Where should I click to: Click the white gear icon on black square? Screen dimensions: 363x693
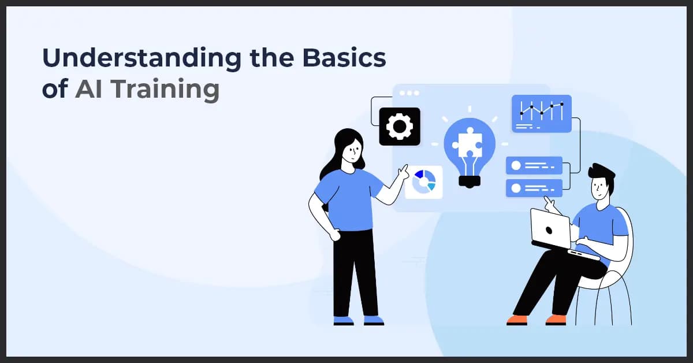click(x=399, y=126)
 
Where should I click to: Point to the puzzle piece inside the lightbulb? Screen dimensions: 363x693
click(x=468, y=144)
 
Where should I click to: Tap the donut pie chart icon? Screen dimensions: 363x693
click(x=424, y=181)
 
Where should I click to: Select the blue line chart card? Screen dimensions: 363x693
click(x=541, y=113)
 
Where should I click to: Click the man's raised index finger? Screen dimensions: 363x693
click(x=546, y=201)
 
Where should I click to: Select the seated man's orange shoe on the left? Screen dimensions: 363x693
click(x=517, y=319)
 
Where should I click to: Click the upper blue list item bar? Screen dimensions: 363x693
click(x=534, y=165)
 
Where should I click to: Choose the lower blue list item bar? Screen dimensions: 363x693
click(x=534, y=188)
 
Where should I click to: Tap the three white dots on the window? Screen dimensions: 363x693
click(x=409, y=93)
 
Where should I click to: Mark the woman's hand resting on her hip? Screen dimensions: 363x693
click(x=334, y=234)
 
